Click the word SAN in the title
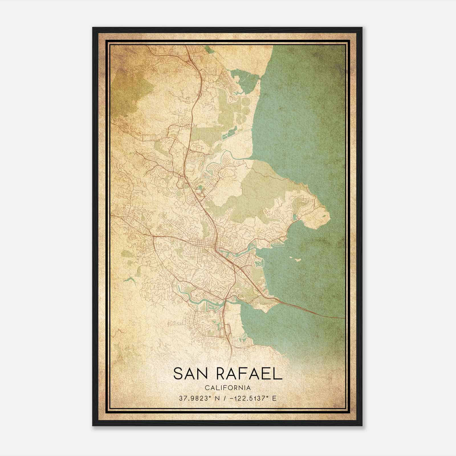[190, 374]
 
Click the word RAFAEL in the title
[249, 374]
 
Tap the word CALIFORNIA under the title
[227, 388]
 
